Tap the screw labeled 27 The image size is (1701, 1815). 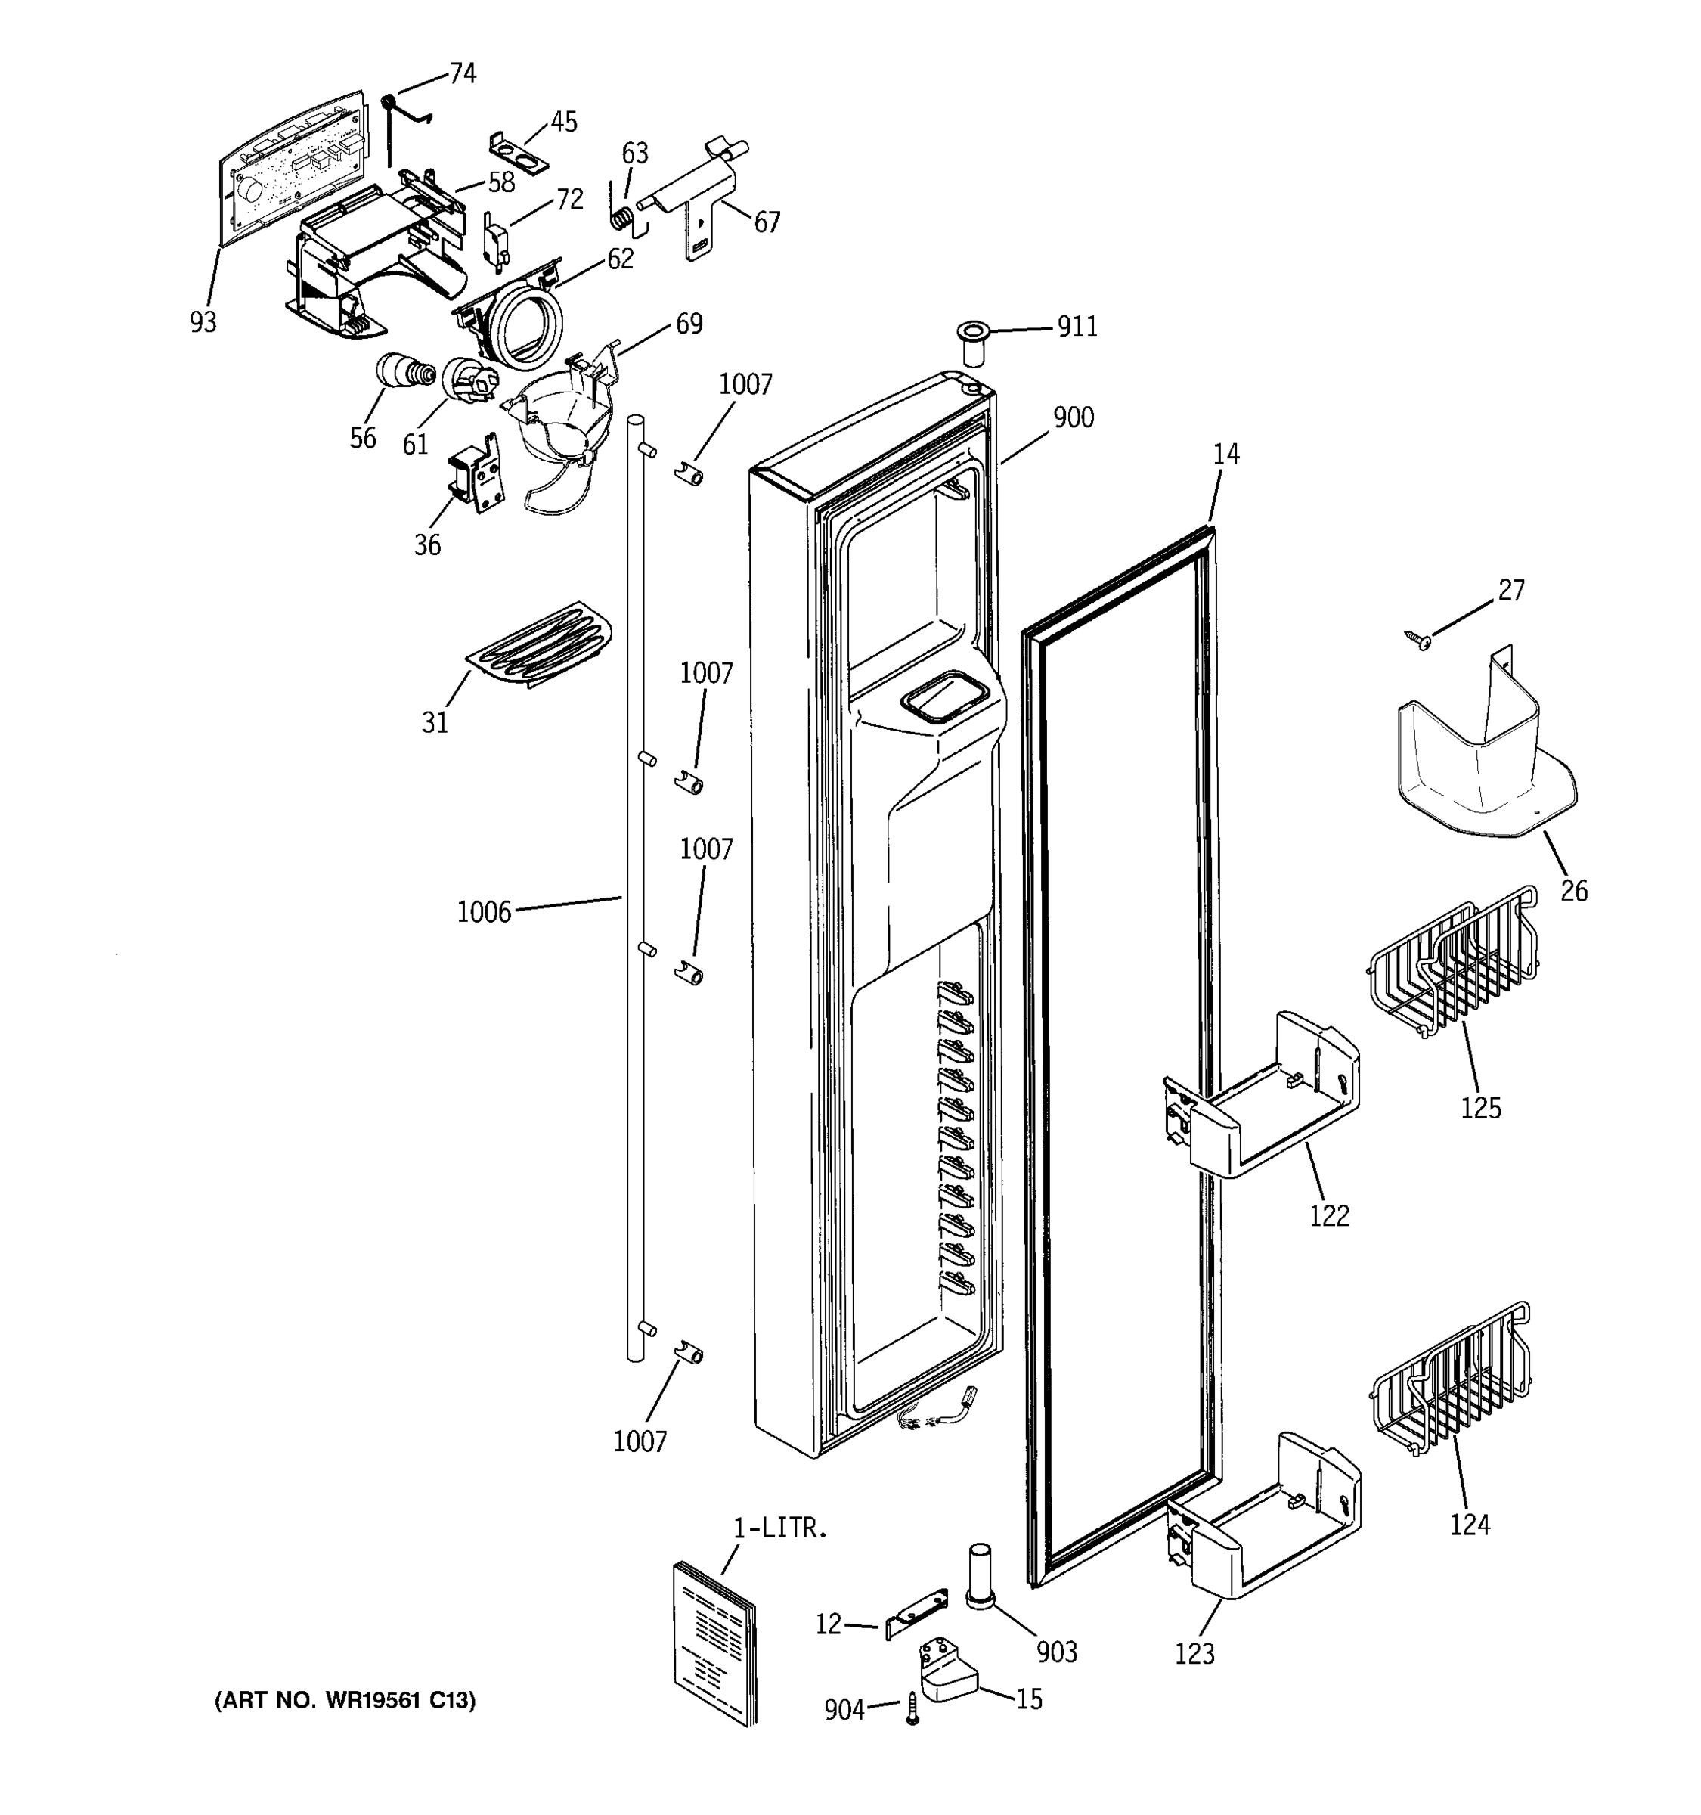(1418, 641)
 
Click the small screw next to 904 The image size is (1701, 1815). (912, 1708)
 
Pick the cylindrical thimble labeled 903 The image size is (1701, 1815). (979, 1578)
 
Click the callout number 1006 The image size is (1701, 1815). (484, 912)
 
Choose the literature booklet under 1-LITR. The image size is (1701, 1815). (714, 1645)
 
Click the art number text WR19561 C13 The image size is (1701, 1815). (345, 1701)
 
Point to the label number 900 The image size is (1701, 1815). (1074, 418)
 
